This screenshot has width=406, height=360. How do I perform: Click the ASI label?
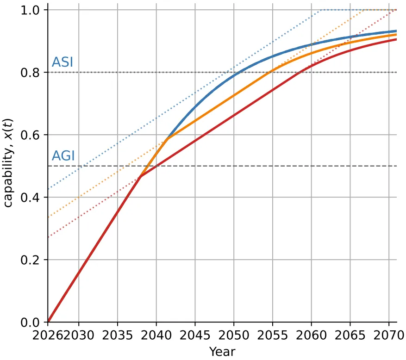pyautogui.click(x=62, y=62)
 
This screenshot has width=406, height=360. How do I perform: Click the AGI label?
pyautogui.click(x=63, y=156)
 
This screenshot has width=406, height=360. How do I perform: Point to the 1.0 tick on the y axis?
pyautogui.click(x=30, y=10)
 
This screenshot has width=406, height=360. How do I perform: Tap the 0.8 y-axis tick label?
pyautogui.click(x=30, y=73)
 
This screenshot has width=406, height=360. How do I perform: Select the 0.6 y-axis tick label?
pyautogui.click(x=30, y=135)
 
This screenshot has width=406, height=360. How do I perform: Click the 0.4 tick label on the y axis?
pyautogui.click(x=30, y=198)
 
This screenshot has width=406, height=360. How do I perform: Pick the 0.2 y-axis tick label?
pyautogui.click(x=30, y=260)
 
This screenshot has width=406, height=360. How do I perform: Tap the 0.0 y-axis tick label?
pyautogui.click(x=30, y=323)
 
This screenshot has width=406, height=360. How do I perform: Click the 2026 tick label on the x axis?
pyautogui.click(x=48, y=335)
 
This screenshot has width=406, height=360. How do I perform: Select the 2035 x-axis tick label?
pyautogui.click(x=118, y=335)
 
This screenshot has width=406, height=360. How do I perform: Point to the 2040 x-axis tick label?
pyautogui.click(x=156, y=335)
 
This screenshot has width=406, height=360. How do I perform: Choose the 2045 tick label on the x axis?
pyautogui.click(x=195, y=335)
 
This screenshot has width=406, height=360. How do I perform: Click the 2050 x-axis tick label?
pyautogui.click(x=234, y=335)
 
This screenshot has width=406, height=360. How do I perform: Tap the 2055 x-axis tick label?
pyautogui.click(x=273, y=335)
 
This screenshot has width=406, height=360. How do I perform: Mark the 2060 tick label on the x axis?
pyautogui.click(x=311, y=335)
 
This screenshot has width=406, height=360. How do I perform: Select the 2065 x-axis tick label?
pyautogui.click(x=350, y=335)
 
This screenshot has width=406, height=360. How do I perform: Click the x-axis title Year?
pyautogui.click(x=222, y=352)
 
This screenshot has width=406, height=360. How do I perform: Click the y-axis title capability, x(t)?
pyautogui.click(x=8, y=163)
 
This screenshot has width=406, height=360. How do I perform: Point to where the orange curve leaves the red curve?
pyautogui.click(x=141, y=176)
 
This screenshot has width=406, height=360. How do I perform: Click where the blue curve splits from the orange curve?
pyautogui.click(x=168, y=138)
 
